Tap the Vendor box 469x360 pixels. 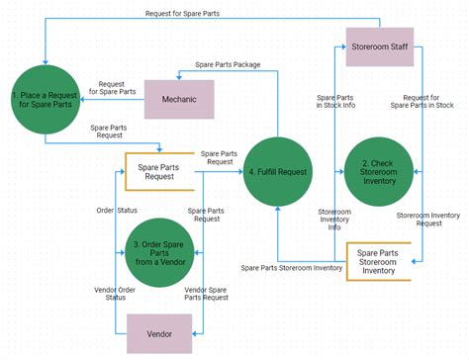158,333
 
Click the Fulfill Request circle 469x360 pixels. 278,172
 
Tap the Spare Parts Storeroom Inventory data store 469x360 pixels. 377,261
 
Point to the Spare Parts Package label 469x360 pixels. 228,64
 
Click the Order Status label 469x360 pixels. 116,210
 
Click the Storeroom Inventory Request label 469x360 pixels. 428,219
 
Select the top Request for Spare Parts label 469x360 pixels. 183,13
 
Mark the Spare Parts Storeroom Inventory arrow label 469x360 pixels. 292,267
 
